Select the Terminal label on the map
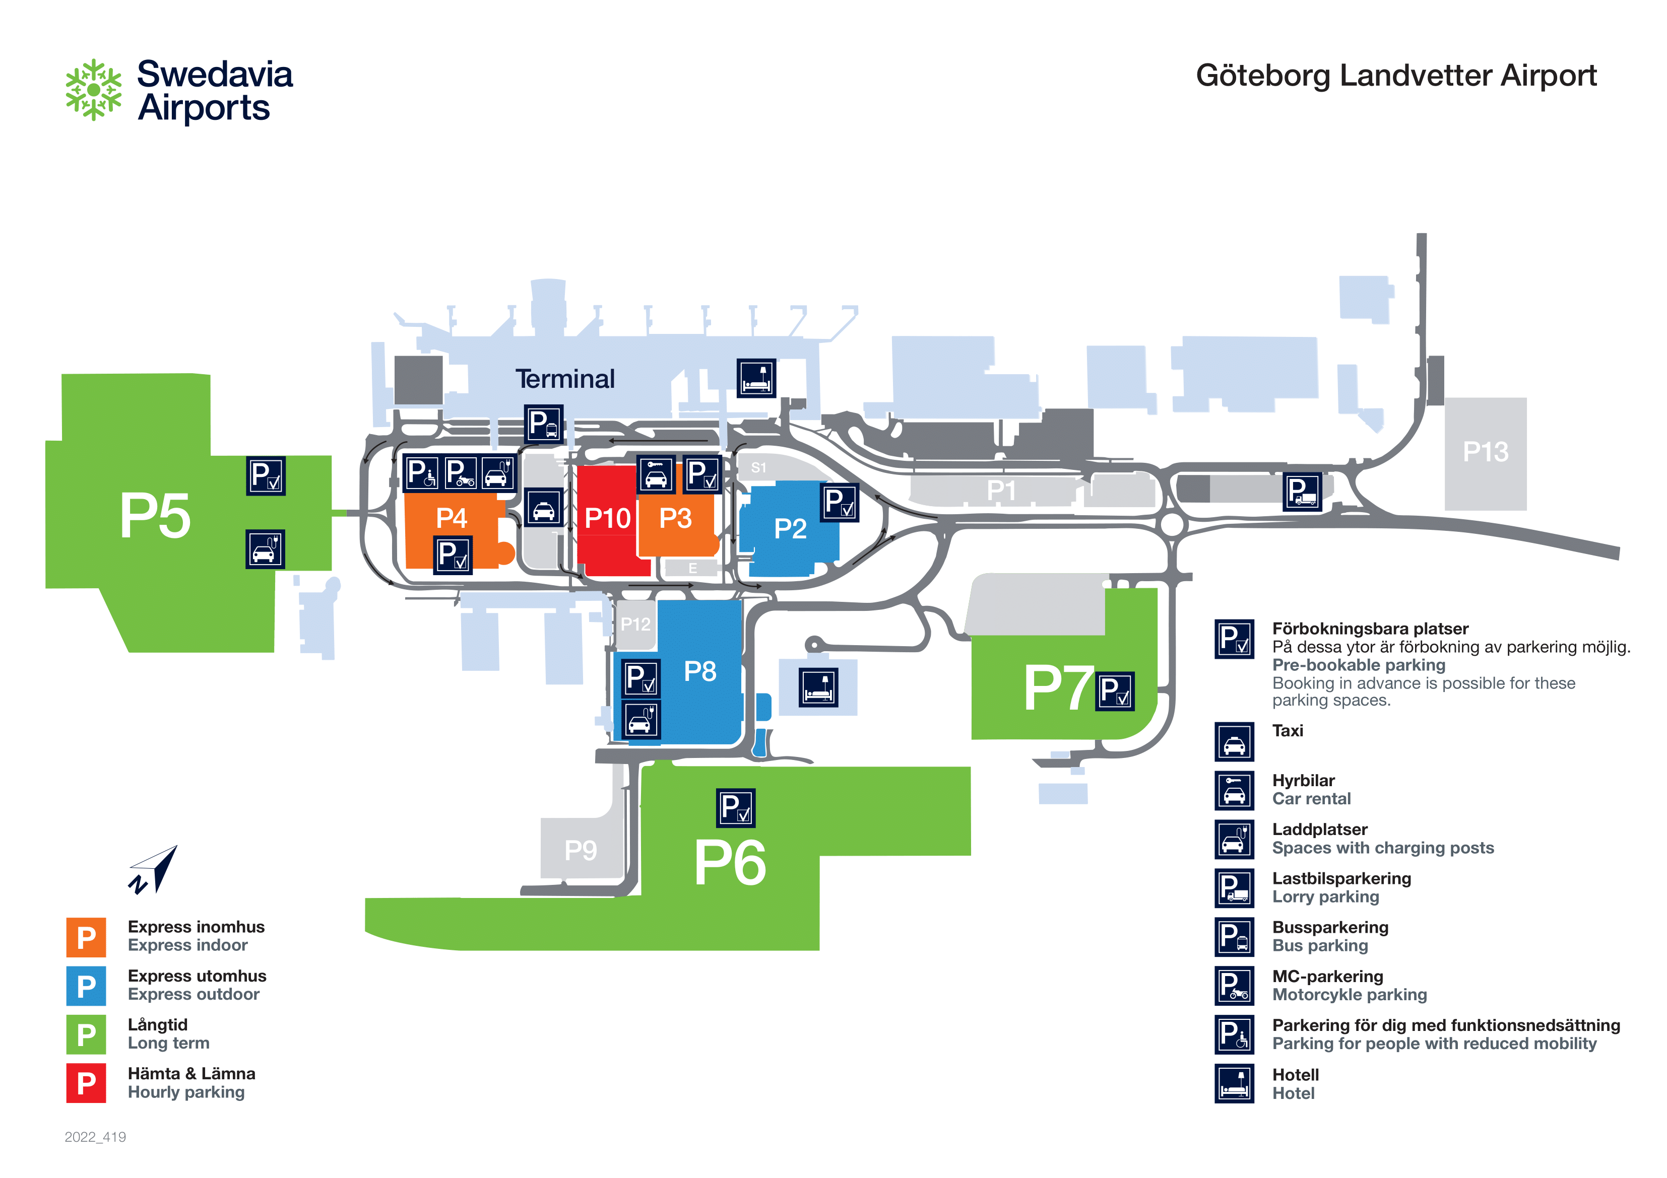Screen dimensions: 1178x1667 click(x=565, y=379)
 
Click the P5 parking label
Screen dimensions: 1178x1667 click(x=155, y=516)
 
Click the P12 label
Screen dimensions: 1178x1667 click(x=635, y=624)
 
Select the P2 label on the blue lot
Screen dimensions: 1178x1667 click(x=790, y=528)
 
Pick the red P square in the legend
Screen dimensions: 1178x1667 click(x=86, y=1083)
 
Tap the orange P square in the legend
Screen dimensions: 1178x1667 click(x=86, y=937)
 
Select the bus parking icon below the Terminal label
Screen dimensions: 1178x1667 click(x=544, y=424)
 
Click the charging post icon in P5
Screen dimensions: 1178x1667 click(x=265, y=549)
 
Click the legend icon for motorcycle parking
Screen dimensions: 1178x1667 click(x=1234, y=986)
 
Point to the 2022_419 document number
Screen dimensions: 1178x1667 click(x=95, y=1137)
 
